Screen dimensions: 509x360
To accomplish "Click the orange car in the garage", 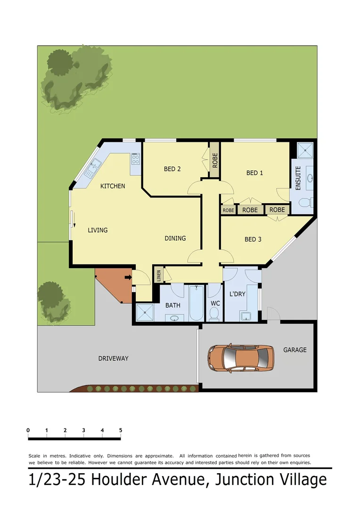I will [240, 358].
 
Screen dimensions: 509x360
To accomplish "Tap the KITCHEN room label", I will [113, 186].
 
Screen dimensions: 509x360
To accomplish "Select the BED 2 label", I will [172, 169].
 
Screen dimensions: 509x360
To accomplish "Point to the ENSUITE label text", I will [298, 178].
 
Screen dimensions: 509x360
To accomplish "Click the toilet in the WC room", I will [214, 313].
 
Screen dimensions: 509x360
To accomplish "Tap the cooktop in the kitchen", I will [136, 159].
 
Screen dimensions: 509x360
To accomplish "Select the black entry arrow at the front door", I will [127, 278].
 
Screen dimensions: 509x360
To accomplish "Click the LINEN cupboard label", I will [158, 274].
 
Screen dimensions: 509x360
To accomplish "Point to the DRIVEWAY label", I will [113, 358].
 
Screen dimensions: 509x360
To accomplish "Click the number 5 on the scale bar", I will [121, 430].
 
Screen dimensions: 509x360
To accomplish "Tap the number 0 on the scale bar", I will [28, 430].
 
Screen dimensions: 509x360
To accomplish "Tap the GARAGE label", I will [295, 350].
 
